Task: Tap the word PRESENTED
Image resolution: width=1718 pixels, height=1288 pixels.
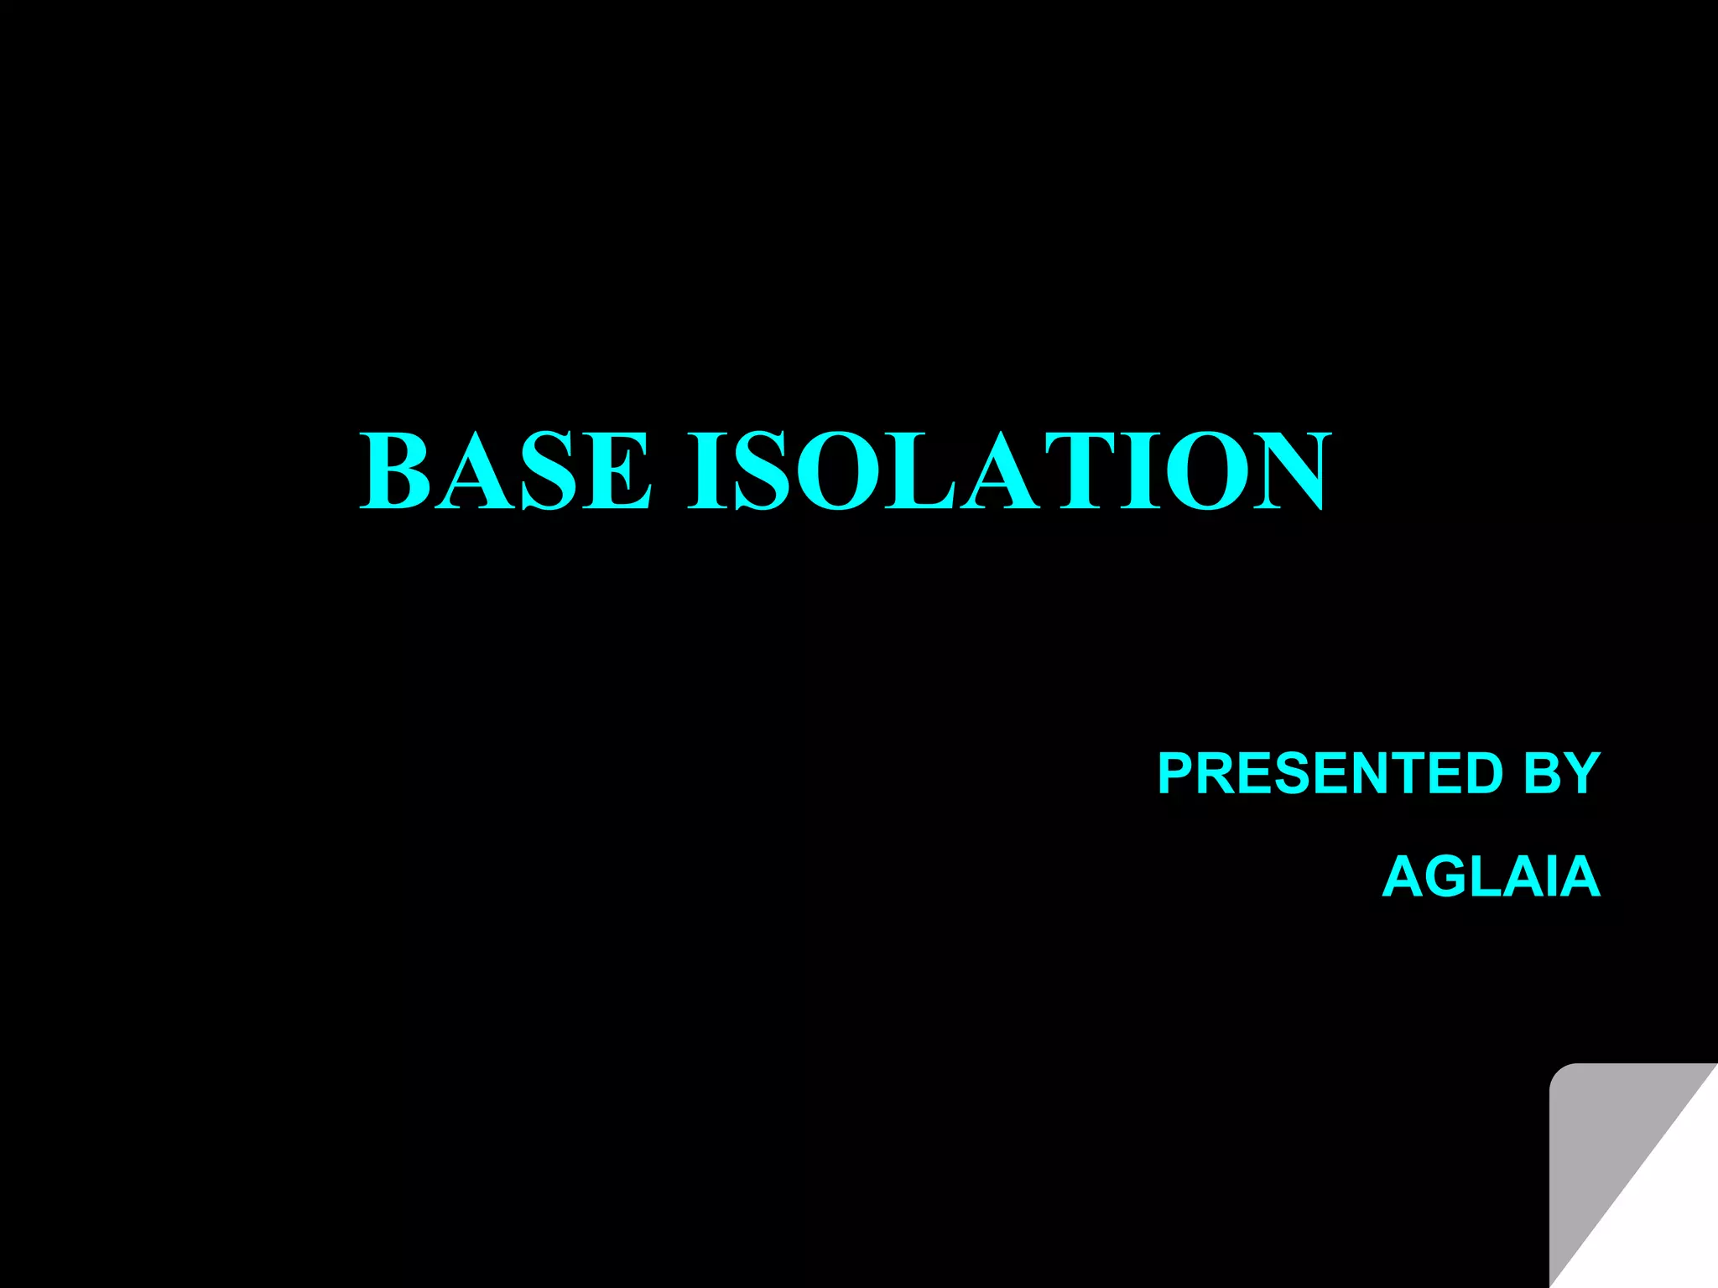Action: coord(1330,773)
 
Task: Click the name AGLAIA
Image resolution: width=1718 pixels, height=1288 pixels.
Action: coord(1491,877)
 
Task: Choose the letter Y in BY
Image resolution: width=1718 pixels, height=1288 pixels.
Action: coord(1582,773)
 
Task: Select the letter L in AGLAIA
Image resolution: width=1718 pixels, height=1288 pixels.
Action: coord(1489,877)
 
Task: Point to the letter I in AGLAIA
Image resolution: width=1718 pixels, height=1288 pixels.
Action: coord(1553,877)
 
